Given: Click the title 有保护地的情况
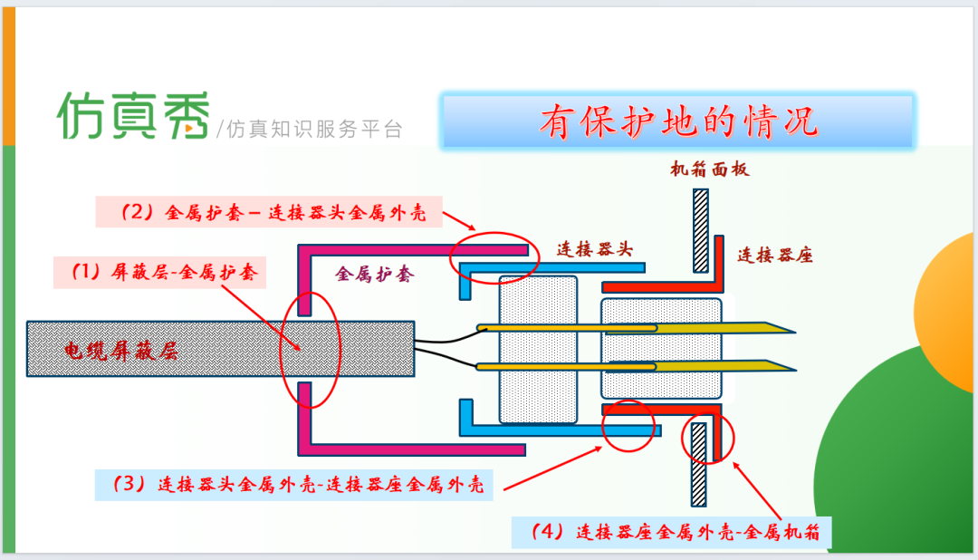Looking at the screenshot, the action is pyautogui.click(x=678, y=121).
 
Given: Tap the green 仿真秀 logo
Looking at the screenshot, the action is pyautogui.click(x=133, y=115).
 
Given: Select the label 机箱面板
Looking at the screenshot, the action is pyautogui.click(x=710, y=169).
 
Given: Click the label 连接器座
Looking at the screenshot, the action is pyautogui.click(x=774, y=255).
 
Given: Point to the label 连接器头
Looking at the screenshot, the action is pyautogui.click(x=594, y=249).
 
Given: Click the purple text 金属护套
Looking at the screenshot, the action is pyautogui.click(x=374, y=274).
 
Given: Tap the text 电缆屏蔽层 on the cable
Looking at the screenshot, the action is pyautogui.click(x=121, y=351).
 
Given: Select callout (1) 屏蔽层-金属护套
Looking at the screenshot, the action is pyautogui.click(x=159, y=272).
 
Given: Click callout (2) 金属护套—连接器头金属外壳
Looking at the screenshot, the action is pyautogui.click(x=269, y=212).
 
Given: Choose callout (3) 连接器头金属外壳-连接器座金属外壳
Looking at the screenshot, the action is pyautogui.click(x=293, y=485).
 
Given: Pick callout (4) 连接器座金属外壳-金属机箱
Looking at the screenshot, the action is pyautogui.click(x=671, y=532).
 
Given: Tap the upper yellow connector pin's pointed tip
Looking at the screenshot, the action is pyautogui.click(x=795, y=332).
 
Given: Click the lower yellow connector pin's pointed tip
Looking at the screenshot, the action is pyautogui.click(x=796, y=371).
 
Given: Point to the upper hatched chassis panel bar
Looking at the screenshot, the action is pyautogui.click(x=700, y=231).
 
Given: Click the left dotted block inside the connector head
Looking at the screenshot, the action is pyautogui.click(x=538, y=350).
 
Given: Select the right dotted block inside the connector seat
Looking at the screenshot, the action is pyautogui.click(x=661, y=348).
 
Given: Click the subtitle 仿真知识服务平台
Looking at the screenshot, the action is pyautogui.click(x=310, y=130).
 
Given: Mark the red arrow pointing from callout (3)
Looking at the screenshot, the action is pyautogui.click(x=553, y=468).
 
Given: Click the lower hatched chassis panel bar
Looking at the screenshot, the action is pyautogui.click(x=698, y=465).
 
